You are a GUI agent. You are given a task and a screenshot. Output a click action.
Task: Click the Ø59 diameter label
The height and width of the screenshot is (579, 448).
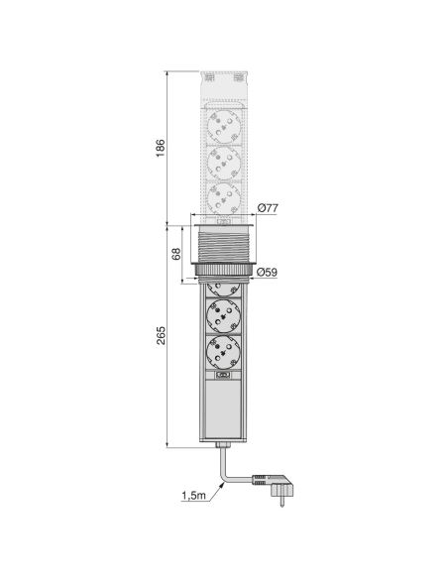pos(266,271)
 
